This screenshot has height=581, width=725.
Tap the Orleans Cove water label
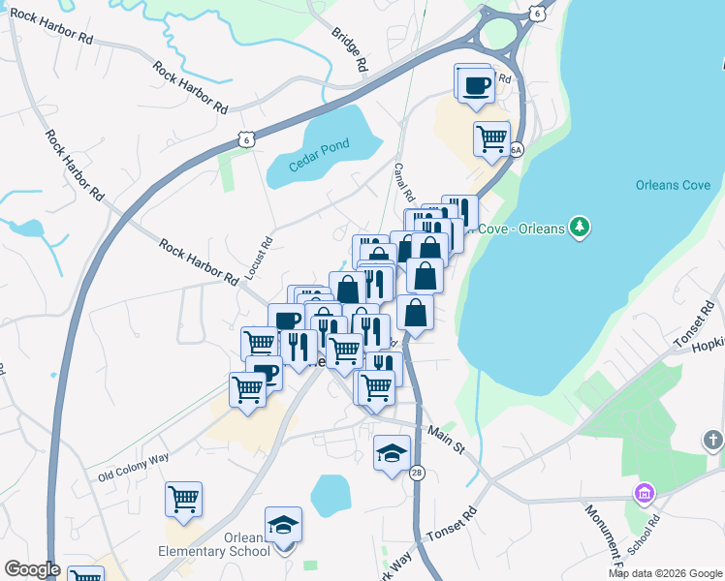coord(673,185)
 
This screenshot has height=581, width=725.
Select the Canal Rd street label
coord(404,177)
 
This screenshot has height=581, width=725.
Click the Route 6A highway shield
coord(516,150)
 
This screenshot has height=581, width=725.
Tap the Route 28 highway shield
coord(417,473)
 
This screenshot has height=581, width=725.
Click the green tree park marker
coord(580,227)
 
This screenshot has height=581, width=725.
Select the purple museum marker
coord(643,494)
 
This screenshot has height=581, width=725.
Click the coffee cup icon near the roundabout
coord(475,84)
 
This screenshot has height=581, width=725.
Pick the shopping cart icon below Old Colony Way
coord(183,500)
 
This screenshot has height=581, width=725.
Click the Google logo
coord(32,569)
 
